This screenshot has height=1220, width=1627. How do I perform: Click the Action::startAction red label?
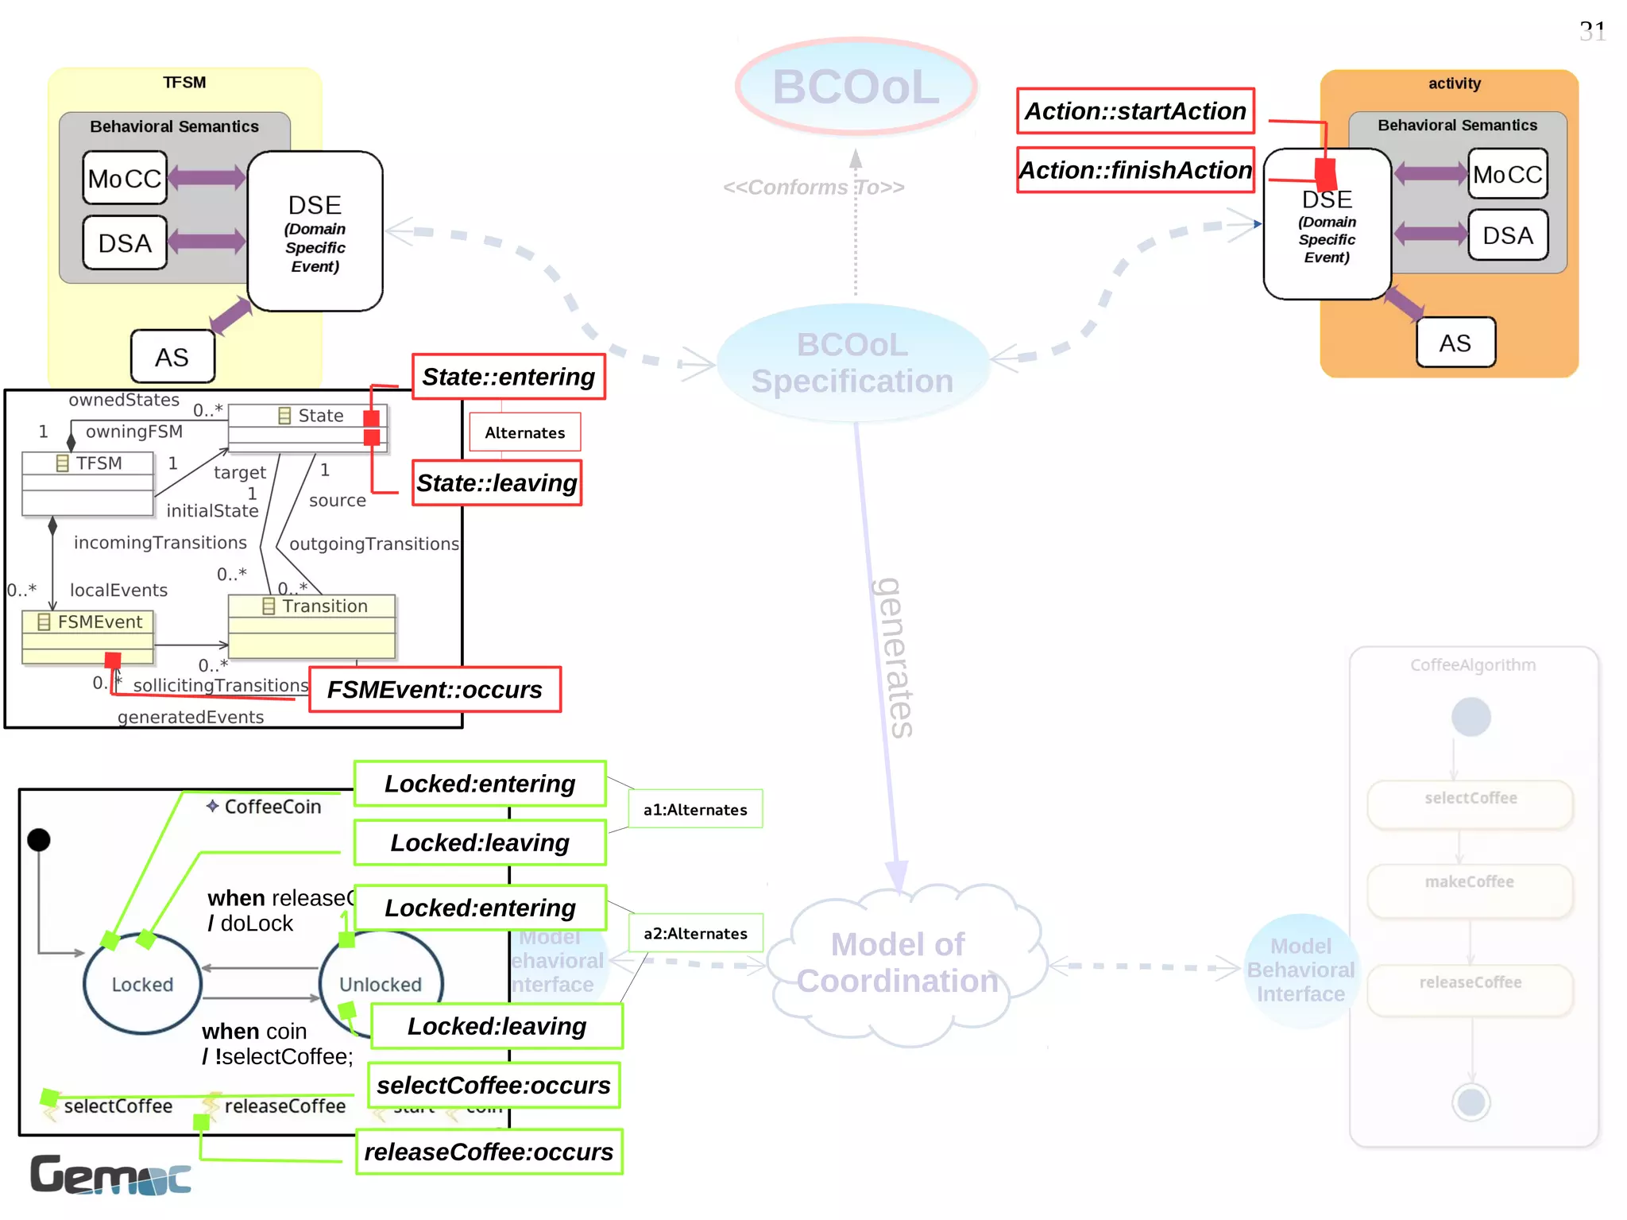tap(1135, 111)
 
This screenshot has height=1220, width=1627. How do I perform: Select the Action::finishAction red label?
tap(1135, 170)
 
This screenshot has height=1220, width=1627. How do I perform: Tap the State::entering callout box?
tap(508, 377)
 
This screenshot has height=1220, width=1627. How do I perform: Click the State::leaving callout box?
tap(497, 483)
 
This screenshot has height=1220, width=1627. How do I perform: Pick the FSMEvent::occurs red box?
tap(435, 690)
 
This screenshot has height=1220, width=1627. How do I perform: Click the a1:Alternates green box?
tap(695, 809)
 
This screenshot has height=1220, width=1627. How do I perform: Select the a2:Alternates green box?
tap(695, 933)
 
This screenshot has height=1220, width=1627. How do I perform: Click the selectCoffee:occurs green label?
tap(493, 1086)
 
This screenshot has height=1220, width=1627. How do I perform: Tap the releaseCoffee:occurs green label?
tap(489, 1152)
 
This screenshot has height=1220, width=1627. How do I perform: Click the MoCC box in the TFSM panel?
tap(125, 178)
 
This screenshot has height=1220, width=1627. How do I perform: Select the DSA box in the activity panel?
tap(1507, 235)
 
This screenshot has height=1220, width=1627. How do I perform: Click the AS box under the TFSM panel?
tap(172, 357)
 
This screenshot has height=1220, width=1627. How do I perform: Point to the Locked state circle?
tap(142, 984)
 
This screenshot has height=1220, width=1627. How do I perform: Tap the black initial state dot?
tap(39, 840)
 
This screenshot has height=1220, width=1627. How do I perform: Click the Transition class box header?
tap(312, 606)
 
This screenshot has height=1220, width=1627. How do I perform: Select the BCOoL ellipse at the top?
tap(856, 87)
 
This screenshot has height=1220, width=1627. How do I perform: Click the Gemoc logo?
tap(110, 1175)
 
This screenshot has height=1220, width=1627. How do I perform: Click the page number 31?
tap(1592, 32)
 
